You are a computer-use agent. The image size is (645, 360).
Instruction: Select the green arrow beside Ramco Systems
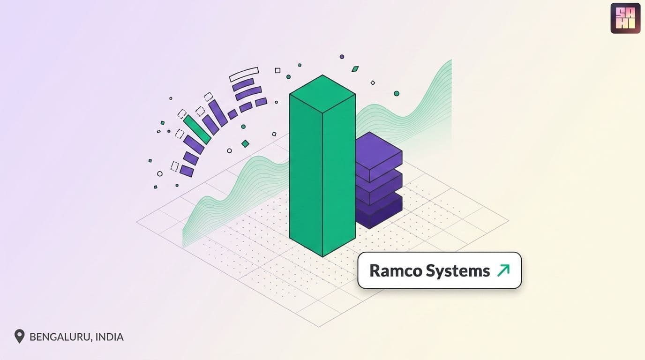pos(503,270)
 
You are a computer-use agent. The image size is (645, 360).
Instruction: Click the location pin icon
pos(19,336)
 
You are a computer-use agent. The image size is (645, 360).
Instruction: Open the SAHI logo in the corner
pos(625,18)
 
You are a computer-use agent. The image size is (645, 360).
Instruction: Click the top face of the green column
pos(322,94)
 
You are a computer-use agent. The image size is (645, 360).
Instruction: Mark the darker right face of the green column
pos(339,176)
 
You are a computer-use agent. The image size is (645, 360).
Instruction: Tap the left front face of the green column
pos(306,175)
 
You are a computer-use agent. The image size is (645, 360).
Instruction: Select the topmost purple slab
pos(378,156)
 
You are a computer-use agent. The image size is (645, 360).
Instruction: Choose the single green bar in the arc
pos(197,129)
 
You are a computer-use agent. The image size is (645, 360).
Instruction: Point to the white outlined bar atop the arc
pos(244,75)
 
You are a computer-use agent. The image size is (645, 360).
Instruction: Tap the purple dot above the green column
pos(342,57)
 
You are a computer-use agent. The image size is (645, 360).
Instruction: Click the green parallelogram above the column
pos(355,69)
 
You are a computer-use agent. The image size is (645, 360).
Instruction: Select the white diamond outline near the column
pos(373,83)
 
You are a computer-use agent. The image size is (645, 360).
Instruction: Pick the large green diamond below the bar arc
pos(245,143)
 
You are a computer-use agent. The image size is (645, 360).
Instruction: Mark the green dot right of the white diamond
pos(397,93)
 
